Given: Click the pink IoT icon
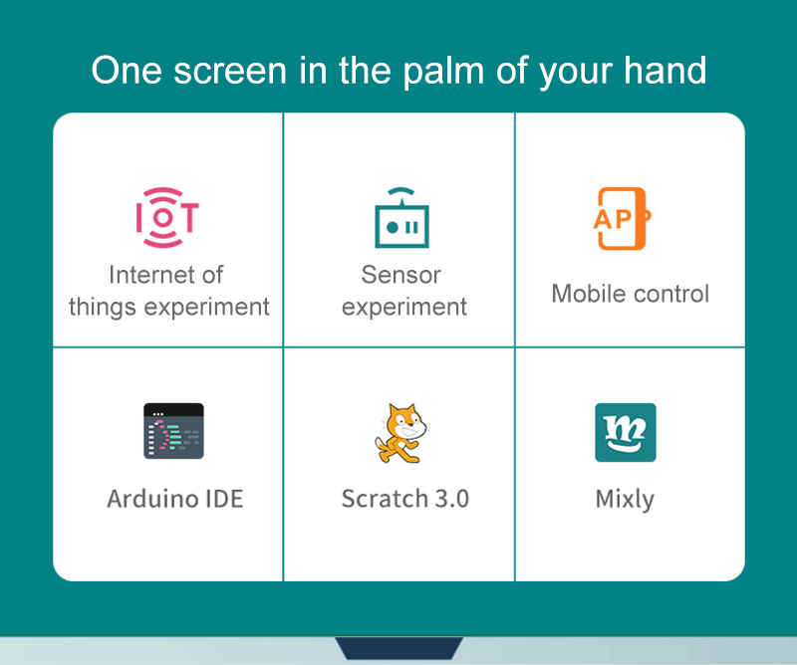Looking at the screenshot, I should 166,217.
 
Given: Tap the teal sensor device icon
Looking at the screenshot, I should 401,218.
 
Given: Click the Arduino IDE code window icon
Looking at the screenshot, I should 173,431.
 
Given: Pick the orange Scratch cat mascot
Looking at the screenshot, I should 401,432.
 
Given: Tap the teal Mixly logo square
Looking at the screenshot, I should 625,432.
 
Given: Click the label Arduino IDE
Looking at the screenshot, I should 174,498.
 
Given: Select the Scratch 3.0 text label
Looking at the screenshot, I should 404,498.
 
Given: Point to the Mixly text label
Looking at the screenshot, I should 625,499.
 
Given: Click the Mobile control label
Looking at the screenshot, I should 630,294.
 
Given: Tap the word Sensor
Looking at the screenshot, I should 400,274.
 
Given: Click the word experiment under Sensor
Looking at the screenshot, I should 403,307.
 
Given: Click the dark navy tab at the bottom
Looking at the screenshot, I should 398,648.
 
